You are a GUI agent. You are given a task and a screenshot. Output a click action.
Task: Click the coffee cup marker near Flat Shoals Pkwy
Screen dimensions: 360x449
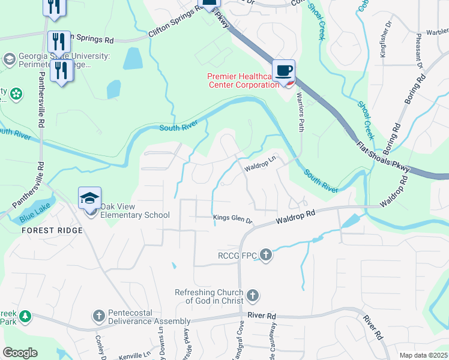(284, 70)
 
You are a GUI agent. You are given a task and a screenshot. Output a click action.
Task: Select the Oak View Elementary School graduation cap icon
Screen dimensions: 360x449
(90, 198)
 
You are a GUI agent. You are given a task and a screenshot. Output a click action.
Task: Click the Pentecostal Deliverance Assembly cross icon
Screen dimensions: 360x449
(100, 316)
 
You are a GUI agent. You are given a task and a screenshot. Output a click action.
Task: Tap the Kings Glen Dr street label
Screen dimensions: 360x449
(234, 220)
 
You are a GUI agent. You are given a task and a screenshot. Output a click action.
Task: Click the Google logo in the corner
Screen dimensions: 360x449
(20, 353)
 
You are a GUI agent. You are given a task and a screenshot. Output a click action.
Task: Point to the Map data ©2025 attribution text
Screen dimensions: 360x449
(423, 355)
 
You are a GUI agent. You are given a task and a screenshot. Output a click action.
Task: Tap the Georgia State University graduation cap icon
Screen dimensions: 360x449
(9, 59)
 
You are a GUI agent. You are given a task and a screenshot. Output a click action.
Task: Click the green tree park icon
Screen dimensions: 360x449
(25, 316)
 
